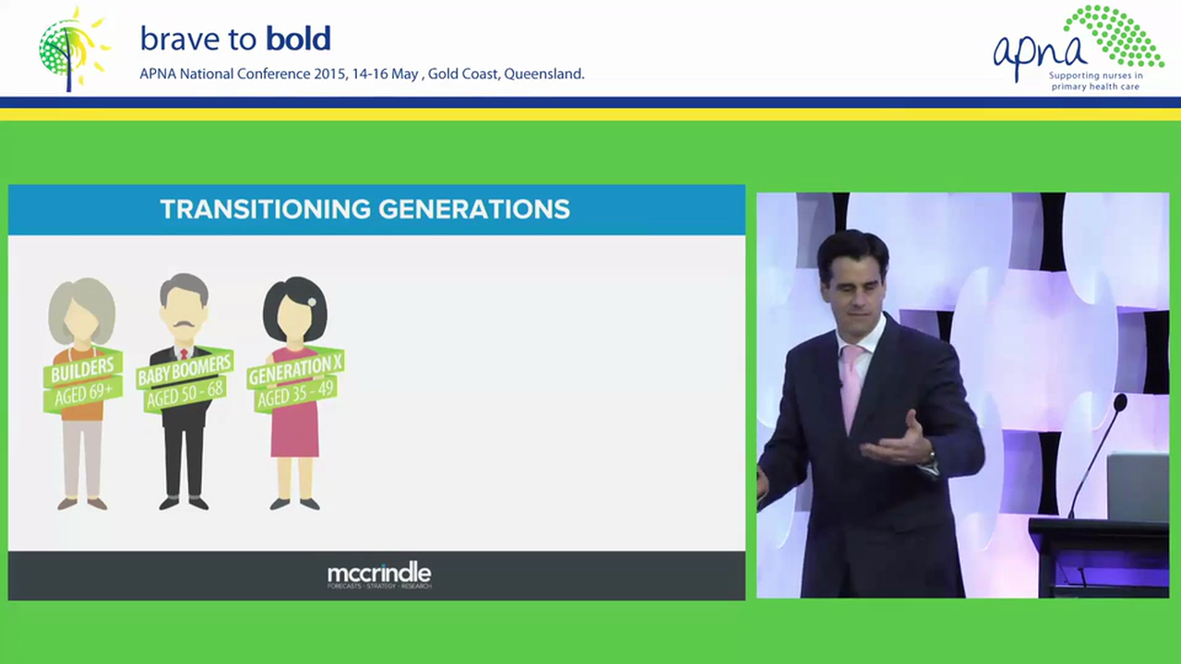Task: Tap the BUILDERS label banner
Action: point(82,371)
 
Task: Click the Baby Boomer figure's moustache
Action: point(184,326)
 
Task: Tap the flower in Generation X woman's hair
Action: point(312,302)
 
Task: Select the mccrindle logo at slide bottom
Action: point(379,575)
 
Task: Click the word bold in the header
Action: point(298,39)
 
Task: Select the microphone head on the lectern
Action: point(1119,403)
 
